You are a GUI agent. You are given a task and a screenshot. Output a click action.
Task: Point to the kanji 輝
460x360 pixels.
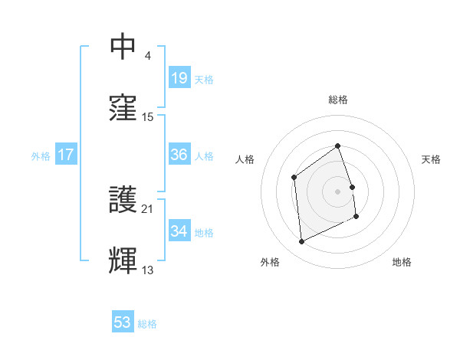point(123,260)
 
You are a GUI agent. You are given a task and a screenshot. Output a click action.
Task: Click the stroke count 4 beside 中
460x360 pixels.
point(148,56)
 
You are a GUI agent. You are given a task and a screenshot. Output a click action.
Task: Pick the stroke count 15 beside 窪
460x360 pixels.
point(148,116)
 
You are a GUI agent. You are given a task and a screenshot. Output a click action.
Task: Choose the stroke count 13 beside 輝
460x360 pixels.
point(148,270)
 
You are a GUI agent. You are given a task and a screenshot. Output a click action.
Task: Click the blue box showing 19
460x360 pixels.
point(179,77)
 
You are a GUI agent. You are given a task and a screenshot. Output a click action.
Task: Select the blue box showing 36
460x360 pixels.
point(179,155)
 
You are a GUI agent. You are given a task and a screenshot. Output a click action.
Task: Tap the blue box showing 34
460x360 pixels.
point(179,231)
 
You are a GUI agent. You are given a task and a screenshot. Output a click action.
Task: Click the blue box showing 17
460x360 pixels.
point(66,155)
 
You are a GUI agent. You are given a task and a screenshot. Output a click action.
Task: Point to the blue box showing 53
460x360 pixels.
point(123,322)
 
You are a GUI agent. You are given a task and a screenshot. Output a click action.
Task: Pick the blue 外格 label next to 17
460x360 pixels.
point(41,156)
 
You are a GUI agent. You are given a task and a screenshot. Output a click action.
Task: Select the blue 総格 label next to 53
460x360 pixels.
point(147,324)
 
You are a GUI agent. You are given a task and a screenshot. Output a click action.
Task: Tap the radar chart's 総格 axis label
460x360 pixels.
point(338,100)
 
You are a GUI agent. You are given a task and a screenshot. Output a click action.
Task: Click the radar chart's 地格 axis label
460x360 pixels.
point(402,262)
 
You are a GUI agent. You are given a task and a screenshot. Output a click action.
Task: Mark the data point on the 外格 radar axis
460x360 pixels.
point(301,242)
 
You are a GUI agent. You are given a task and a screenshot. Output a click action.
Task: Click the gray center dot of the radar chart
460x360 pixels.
point(338,191)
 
